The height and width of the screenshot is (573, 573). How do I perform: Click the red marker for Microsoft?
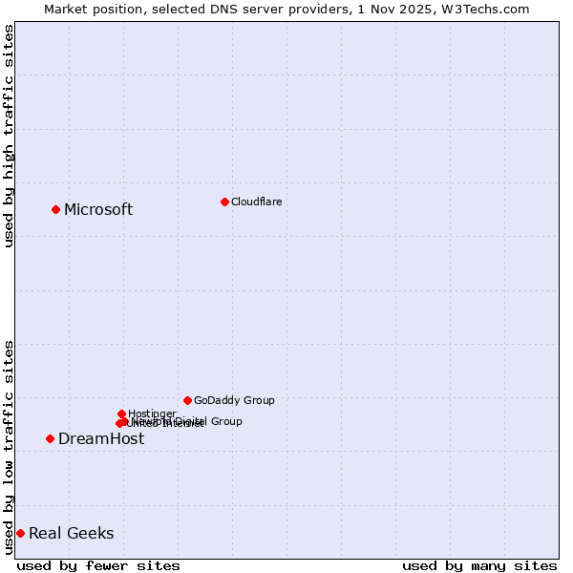coord(55,209)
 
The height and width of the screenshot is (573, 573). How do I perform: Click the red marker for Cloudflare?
coord(224,202)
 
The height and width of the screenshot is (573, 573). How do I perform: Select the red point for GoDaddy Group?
coord(187,400)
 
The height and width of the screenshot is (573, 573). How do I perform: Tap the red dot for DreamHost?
coord(50,438)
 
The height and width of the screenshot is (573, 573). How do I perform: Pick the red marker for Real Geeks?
coord(20,533)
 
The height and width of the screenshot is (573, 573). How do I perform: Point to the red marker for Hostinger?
coord(121,414)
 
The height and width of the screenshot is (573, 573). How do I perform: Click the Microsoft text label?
coord(98,209)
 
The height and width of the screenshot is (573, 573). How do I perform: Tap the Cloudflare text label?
coord(256,202)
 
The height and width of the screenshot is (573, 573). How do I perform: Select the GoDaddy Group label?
coord(234,400)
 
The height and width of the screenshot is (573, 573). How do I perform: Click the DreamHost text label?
coord(101,438)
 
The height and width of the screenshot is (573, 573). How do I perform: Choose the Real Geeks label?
coord(71,533)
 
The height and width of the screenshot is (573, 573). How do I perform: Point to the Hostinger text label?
coord(152,414)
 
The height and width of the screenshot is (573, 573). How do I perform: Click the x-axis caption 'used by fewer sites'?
coord(98,565)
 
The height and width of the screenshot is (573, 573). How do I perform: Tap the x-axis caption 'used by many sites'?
coord(479,565)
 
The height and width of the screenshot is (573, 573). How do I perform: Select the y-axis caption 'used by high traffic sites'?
coord(10,136)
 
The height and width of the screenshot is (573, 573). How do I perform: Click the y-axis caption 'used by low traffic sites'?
coord(10,447)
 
